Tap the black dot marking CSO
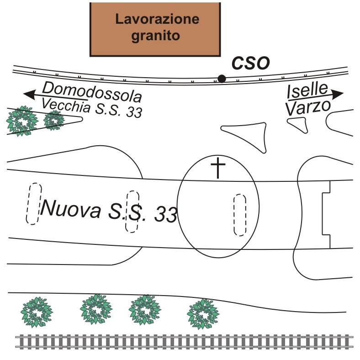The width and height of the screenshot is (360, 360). click(x=222, y=79)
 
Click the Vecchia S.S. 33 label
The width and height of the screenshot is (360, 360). click(x=91, y=108)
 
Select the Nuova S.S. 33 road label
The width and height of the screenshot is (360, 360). click(x=108, y=212)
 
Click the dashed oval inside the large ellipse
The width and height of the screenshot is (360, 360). click(x=240, y=215)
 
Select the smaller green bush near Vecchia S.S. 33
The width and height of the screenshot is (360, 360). click(x=53, y=120)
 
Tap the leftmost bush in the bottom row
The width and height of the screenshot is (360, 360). click(x=35, y=312)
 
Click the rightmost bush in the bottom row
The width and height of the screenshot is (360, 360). click(x=202, y=314)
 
